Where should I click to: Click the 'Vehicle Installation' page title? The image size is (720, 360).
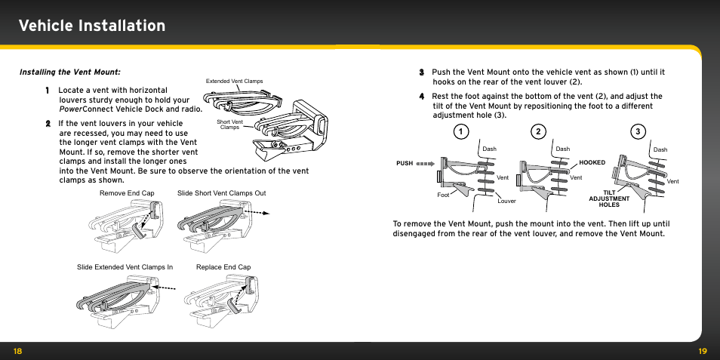point(92,26)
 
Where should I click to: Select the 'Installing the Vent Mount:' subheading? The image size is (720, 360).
point(69,72)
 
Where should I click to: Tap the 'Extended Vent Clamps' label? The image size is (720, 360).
point(234,82)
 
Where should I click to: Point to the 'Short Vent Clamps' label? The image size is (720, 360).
point(229,125)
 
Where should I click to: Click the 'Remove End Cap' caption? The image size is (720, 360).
point(127,193)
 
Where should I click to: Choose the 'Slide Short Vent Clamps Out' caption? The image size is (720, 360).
point(221,193)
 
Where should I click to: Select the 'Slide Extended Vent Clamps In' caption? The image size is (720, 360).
point(125,267)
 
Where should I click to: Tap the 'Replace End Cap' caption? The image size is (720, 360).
point(223,267)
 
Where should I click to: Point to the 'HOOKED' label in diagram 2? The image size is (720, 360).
point(592,162)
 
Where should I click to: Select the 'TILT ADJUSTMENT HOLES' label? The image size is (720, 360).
point(609,198)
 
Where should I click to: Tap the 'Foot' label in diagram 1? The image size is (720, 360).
point(444,195)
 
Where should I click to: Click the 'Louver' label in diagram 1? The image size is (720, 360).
point(506,201)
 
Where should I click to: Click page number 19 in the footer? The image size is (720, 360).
point(703,351)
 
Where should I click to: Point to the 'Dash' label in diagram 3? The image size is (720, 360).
point(660,149)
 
